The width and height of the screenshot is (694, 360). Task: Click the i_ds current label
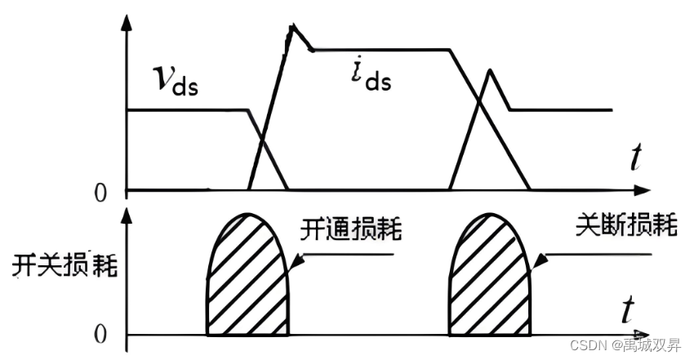click(x=367, y=76)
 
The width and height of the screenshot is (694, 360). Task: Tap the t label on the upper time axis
click(x=634, y=156)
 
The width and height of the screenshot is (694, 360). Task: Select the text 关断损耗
click(x=626, y=226)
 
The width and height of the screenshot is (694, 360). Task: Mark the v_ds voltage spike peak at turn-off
click(x=488, y=70)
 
